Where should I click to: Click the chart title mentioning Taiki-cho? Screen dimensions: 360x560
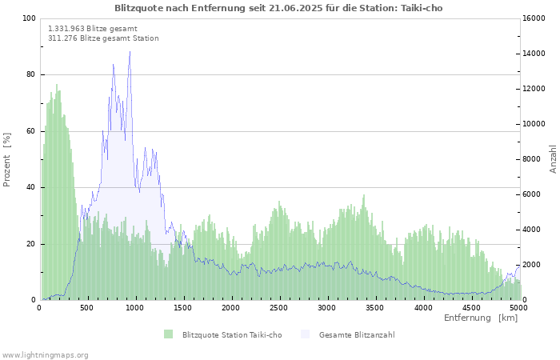(278, 8)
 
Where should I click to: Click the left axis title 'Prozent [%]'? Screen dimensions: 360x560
(7, 159)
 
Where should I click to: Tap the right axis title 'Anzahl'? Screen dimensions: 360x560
(553, 159)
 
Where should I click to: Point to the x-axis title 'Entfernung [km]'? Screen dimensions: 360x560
(481, 318)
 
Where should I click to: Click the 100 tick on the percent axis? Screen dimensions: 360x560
(30, 18)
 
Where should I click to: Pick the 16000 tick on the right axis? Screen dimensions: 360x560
(534, 18)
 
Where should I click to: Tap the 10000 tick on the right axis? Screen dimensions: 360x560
(534, 124)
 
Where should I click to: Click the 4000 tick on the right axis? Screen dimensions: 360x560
(531, 230)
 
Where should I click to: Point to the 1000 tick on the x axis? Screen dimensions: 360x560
(135, 307)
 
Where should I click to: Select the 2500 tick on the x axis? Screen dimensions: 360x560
(279, 307)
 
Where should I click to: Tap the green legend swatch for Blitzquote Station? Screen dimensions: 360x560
(168, 334)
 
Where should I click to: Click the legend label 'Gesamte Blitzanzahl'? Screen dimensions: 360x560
(356, 335)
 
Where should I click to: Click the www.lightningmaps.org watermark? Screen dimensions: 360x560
(45, 354)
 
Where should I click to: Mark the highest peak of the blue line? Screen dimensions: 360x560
(130, 52)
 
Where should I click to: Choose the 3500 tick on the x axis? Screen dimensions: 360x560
(375, 307)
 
